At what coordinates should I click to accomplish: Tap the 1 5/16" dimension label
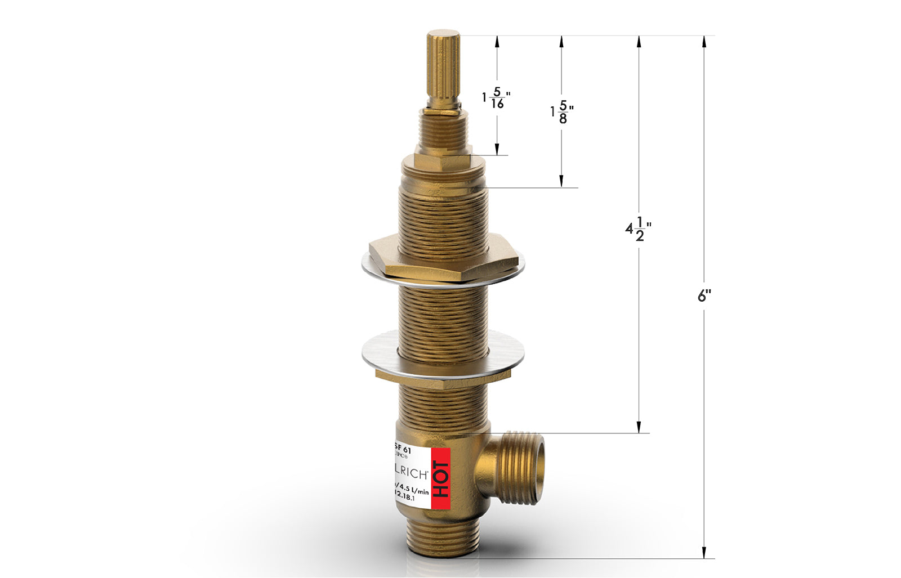496,98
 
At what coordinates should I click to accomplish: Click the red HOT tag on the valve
441,479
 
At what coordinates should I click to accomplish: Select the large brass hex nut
443,258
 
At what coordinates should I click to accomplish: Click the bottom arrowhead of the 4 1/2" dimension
639,428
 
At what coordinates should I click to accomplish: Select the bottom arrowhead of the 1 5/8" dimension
561,181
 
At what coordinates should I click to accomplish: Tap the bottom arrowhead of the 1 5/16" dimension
497,150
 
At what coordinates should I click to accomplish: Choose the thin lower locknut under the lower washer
443,378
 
